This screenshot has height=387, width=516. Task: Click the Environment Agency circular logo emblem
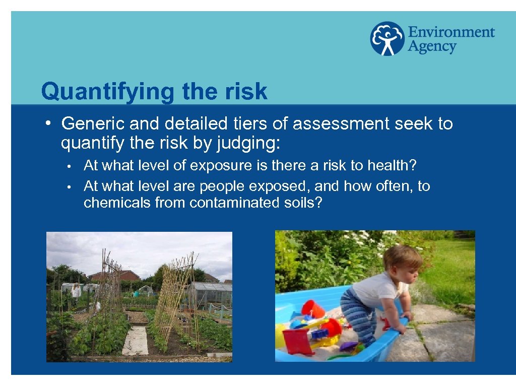pyautogui.click(x=387, y=38)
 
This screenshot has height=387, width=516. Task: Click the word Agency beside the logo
pyautogui.click(x=432, y=47)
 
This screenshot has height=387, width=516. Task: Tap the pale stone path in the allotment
pyautogui.click(x=136, y=340)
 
